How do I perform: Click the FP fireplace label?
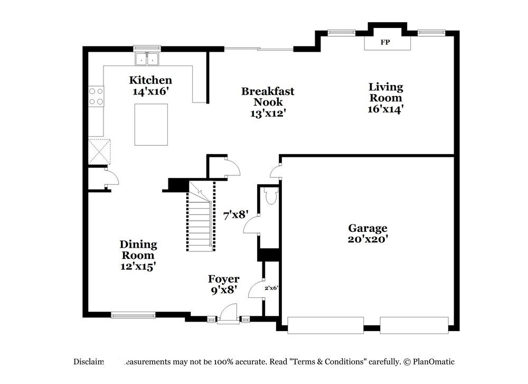(x=385, y=42)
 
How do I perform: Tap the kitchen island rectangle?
(x=151, y=124)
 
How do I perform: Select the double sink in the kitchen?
(x=147, y=59)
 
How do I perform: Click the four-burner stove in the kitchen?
(x=96, y=96)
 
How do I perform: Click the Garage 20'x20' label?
(x=368, y=233)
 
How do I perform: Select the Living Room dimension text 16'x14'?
(x=385, y=109)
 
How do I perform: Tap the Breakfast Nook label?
(x=268, y=97)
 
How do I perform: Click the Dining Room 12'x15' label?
(x=138, y=255)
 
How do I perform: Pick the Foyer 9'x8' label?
(x=223, y=284)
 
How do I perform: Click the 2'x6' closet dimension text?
(x=271, y=288)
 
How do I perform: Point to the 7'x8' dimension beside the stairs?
(x=235, y=216)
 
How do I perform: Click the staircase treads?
(x=199, y=222)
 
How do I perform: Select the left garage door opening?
(x=325, y=325)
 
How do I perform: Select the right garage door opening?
(x=414, y=325)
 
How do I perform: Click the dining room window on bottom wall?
(x=133, y=316)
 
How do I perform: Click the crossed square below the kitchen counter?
(x=99, y=151)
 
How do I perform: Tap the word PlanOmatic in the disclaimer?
(x=434, y=362)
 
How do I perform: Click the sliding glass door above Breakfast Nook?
(x=259, y=49)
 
